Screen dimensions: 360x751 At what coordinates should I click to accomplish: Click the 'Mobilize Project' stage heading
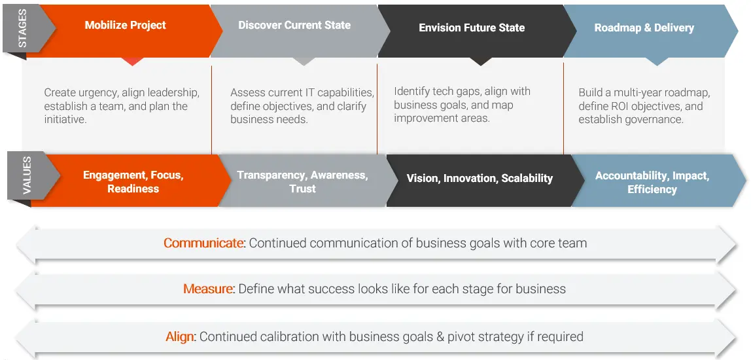[x=125, y=26]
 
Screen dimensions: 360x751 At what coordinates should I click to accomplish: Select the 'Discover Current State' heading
[x=294, y=26]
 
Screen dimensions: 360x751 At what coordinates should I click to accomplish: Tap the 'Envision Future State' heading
[x=472, y=28]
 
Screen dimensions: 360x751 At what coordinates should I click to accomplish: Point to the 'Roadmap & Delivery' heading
[x=644, y=28]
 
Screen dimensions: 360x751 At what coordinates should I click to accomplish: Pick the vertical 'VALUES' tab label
[x=27, y=176]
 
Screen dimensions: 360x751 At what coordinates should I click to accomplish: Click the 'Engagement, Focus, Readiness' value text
[x=133, y=182]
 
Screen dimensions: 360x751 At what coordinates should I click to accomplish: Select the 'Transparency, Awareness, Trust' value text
[x=302, y=182]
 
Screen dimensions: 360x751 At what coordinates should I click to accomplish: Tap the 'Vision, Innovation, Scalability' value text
[x=480, y=178]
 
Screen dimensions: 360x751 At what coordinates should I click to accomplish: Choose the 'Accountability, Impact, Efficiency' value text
[x=652, y=183]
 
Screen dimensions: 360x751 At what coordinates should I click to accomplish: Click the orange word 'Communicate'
[x=203, y=243]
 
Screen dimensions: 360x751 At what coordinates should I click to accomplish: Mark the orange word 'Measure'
[x=208, y=289]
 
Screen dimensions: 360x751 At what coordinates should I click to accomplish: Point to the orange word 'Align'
[x=180, y=337]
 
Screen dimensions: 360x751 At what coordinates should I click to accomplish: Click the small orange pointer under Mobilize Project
[x=133, y=62]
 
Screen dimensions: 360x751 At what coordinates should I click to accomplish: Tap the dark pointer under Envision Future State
[x=481, y=62]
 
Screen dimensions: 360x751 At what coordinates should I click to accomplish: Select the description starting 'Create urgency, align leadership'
[x=122, y=106]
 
